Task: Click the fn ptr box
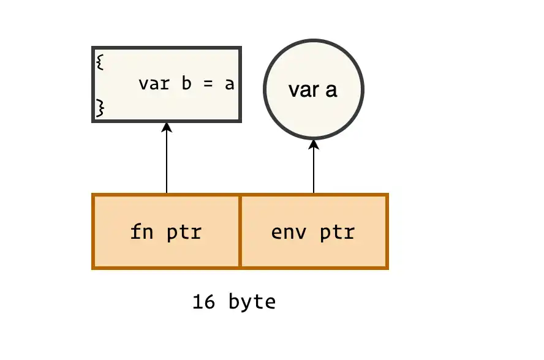pos(166,231)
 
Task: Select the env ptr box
pos(314,231)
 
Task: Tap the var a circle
pos(314,89)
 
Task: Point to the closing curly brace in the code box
pos(99,108)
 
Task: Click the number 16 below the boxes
pos(204,302)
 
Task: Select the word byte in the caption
pos(252,302)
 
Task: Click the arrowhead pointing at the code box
pos(167,127)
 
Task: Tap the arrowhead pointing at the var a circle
pos(314,144)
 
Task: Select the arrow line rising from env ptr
pos(314,171)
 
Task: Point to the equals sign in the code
pos(207,84)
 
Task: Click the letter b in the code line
pos(186,83)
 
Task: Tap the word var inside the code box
pos(154,84)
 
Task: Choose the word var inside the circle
pos(302,90)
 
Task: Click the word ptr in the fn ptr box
pos(184,233)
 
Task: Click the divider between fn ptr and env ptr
pos(240,231)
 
